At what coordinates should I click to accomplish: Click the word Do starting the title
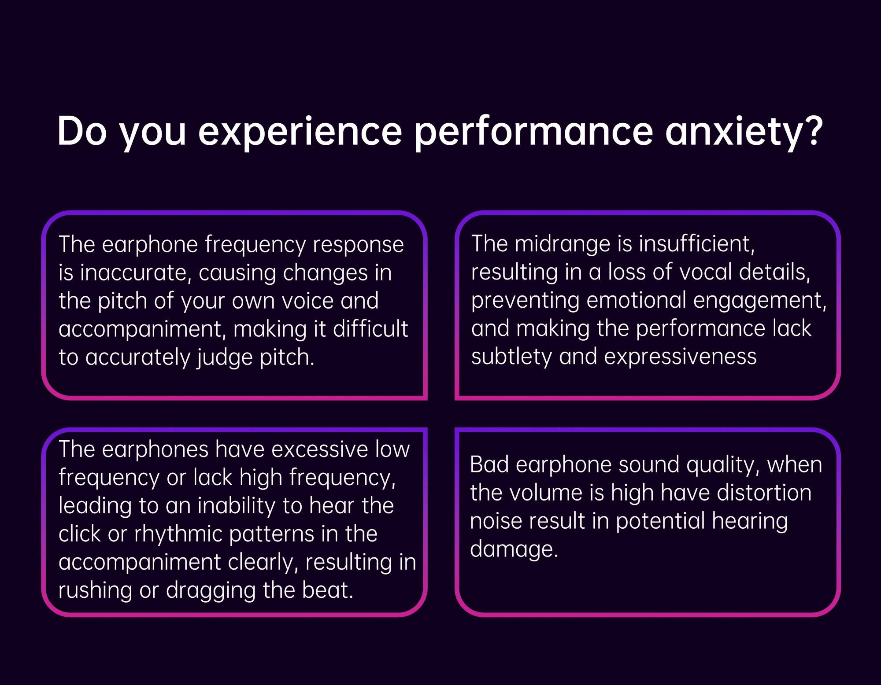82,131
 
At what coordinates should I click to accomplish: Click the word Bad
489,465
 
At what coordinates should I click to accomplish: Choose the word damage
514,550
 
